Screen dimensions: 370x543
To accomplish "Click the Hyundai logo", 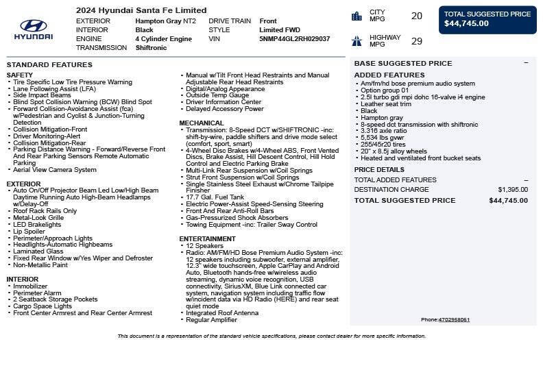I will pos(33,29).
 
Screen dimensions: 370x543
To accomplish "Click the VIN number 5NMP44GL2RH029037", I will pos(294,39).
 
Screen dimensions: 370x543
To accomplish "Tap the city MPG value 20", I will pos(416,16).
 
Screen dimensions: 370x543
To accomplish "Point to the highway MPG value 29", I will pos(416,41).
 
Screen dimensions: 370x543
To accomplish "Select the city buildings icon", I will pos(357,16).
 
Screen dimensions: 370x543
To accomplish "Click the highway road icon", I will pos(357,41).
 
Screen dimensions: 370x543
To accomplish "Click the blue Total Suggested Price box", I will pos(487,19).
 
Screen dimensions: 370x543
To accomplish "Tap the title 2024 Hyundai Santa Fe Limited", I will pos(141,10).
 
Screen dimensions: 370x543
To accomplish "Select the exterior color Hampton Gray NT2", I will pos(165,21).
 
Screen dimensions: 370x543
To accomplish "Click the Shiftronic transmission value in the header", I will pos(151,48).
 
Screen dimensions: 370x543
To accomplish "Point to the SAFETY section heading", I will pos(19,75).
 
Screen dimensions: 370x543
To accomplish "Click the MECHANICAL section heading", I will pos(202,123).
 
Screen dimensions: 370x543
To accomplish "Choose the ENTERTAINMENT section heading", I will pos(207,239).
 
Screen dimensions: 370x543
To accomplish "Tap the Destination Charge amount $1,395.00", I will pos(513,190).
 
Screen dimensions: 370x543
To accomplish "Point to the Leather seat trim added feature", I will pos(386,104).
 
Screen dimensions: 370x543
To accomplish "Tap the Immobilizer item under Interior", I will pos(30,286).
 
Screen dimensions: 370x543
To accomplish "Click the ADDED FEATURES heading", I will pos(389,75).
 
